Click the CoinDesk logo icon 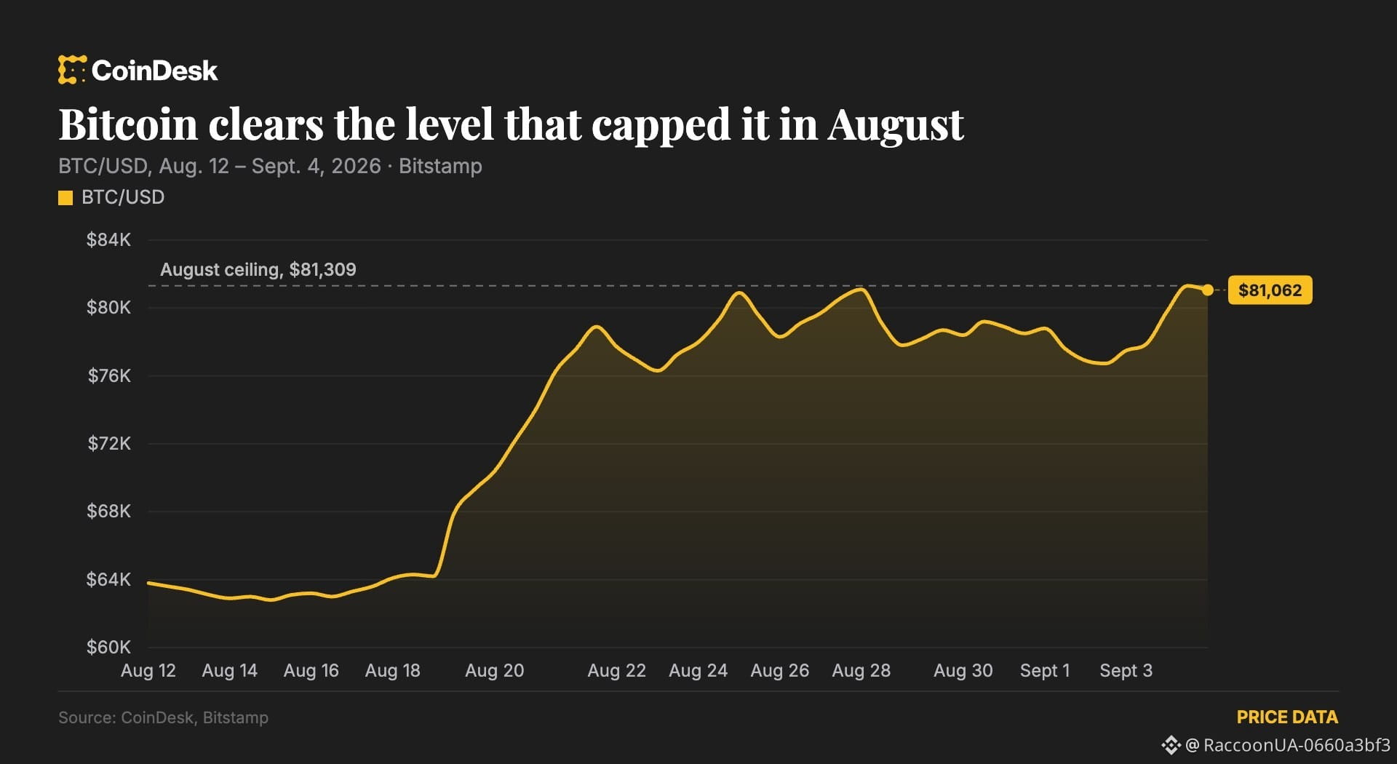pyautogui.click(x=72, y=70)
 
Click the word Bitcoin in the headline pyautogui.click(x=128, y=124)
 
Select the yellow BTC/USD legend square pyautogui.click(x=65, y=198)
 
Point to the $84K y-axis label pyautogui.click(x=108, y=240)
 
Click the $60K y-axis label pyautogui.click(x=108, y=647)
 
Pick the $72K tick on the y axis pyautogui.click(x=109, y=443)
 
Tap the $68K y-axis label pyautogui.click(x=108, y=511)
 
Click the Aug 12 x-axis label pyautogui.click(x=148, y=671)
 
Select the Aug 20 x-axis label pyautogui.click(x=495, y=671)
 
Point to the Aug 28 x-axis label pyautogui.click(x=861, y=671)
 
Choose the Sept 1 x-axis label pyautogui.click(x=1045, y=671)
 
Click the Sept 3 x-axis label pyautogui.click(x=1126, y=671)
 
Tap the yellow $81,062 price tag pyautogui.click(x=1270, y=290)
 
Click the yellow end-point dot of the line pyautogui.click(x=1208, y=290)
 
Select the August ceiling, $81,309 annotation pyautogui.click(x=258, y=270)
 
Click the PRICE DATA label pyautogui.click(x=1287, y=717)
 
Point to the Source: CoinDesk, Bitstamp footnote pyautogui.click(x=163, y=717)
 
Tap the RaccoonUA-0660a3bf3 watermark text pyautogui.click(x=1297, y=745)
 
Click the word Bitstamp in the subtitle pyautogui.click(x=440, y=167)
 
